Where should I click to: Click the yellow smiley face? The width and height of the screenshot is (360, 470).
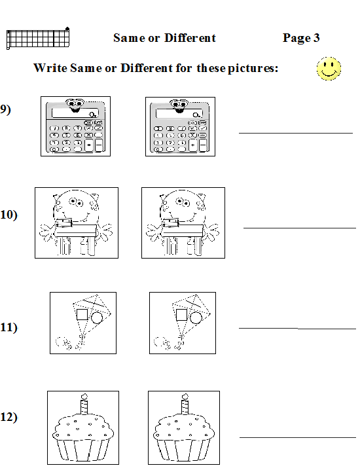329,68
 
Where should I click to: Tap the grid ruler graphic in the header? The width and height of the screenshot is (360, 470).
38,39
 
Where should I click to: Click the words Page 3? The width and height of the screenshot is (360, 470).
301,38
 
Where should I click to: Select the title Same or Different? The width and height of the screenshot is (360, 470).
164,38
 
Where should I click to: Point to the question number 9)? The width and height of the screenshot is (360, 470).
6,109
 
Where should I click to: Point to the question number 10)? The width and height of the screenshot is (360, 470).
9,215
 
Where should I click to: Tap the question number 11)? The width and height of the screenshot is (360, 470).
9,327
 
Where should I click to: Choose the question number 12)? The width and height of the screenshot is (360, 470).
9,418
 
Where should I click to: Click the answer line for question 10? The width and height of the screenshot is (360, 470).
299,227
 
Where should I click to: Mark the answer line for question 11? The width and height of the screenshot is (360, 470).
297,327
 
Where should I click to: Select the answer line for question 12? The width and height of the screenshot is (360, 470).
297,437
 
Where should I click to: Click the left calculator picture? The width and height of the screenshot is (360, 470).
75,126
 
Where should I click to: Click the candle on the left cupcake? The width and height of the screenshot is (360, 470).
83,404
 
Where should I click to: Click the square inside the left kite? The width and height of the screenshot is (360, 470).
82,315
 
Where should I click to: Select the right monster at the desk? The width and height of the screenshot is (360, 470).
183,223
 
